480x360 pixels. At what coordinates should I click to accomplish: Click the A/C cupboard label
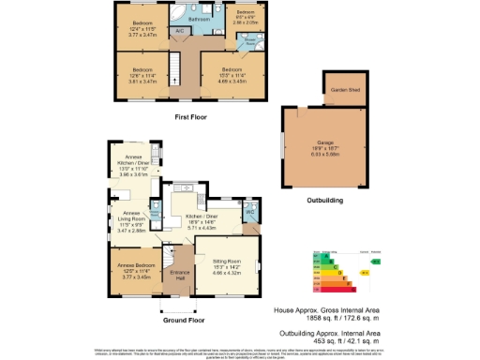pos(179,31)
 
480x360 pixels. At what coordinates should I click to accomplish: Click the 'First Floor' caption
pos(190,117)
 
